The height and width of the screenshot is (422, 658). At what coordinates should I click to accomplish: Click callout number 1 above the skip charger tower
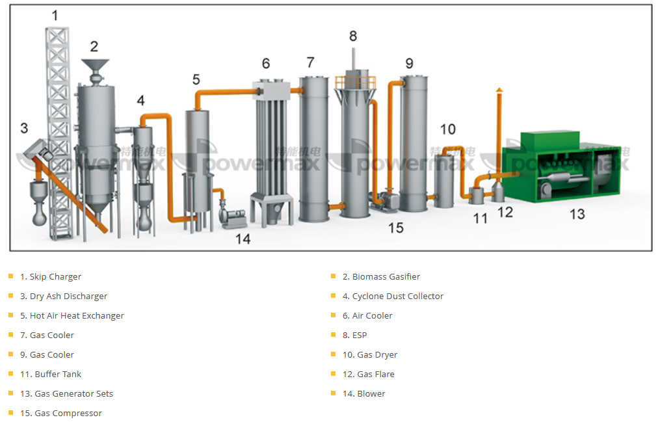55,15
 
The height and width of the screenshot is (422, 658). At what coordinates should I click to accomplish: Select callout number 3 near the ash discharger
24,128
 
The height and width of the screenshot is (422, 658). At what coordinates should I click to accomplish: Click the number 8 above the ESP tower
353,36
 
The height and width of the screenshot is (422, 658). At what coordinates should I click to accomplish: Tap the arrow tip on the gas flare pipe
499,90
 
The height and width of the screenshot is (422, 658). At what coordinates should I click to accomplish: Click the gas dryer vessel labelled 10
444,179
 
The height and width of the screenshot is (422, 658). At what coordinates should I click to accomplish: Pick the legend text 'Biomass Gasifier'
386,276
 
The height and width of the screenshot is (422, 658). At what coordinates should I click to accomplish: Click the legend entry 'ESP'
360,335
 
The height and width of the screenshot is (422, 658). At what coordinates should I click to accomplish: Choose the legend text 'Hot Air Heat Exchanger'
77,315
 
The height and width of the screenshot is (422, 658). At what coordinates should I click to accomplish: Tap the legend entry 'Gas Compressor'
68,413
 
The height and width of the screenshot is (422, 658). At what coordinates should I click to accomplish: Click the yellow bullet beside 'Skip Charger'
10,276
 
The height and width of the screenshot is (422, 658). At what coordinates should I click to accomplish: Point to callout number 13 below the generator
577,214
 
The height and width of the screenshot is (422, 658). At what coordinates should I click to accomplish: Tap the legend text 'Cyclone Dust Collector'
397,296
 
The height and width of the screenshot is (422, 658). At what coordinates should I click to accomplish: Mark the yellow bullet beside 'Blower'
333,393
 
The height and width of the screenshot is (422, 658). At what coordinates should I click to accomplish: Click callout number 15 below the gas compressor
395,228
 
